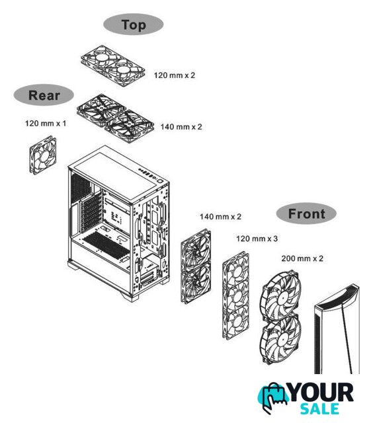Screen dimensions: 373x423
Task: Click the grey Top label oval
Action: [x=134, y=24]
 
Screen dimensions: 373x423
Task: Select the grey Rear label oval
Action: [x=44, y=95]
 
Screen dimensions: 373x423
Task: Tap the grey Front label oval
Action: [x=306, y=213]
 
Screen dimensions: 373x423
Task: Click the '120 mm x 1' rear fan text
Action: [x=46, y=124]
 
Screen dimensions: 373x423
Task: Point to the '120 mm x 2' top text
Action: [x=175, y=75]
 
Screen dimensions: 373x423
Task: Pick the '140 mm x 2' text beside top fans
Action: [x=181, y=126]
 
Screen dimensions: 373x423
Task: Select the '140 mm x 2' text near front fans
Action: [x=220, y=216]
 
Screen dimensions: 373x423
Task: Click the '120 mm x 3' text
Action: [x=257, y=239]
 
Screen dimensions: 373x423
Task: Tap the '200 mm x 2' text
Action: [x=302, y=258]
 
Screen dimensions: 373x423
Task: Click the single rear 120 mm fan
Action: [x=43, y=155]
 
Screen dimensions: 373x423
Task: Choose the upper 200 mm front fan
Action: [x=280, y=295]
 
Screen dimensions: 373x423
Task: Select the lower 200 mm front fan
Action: [x=280, y=340]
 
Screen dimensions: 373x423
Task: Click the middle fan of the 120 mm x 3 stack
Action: [x=236, y=295]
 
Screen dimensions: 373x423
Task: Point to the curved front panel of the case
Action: [x=337, y=329]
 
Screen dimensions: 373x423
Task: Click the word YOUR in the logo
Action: [x=321, y=393]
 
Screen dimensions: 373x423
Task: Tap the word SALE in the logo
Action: [x=320, y=408]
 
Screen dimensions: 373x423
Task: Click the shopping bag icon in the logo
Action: [x=273, y=397]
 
